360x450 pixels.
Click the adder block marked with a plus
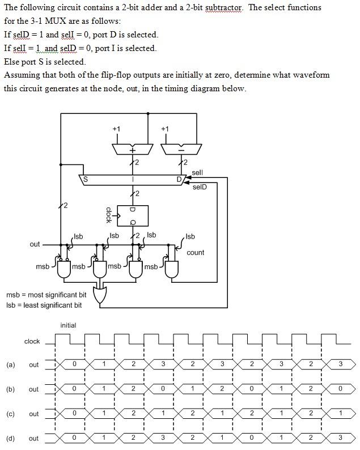133,148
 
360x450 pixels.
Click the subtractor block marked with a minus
181,148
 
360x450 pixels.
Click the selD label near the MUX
200,187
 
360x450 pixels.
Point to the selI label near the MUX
197,172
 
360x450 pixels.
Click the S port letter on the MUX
86,180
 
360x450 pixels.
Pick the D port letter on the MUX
179,180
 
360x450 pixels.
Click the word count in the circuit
195,252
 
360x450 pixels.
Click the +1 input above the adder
116,129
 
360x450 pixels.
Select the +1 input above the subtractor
164,129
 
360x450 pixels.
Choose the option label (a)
11,364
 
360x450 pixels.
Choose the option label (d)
11,438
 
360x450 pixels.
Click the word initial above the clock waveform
68,325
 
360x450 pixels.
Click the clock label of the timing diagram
32,341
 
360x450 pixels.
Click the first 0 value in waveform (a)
74,364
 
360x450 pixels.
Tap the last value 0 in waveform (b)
340,389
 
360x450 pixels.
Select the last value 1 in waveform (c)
340,414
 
